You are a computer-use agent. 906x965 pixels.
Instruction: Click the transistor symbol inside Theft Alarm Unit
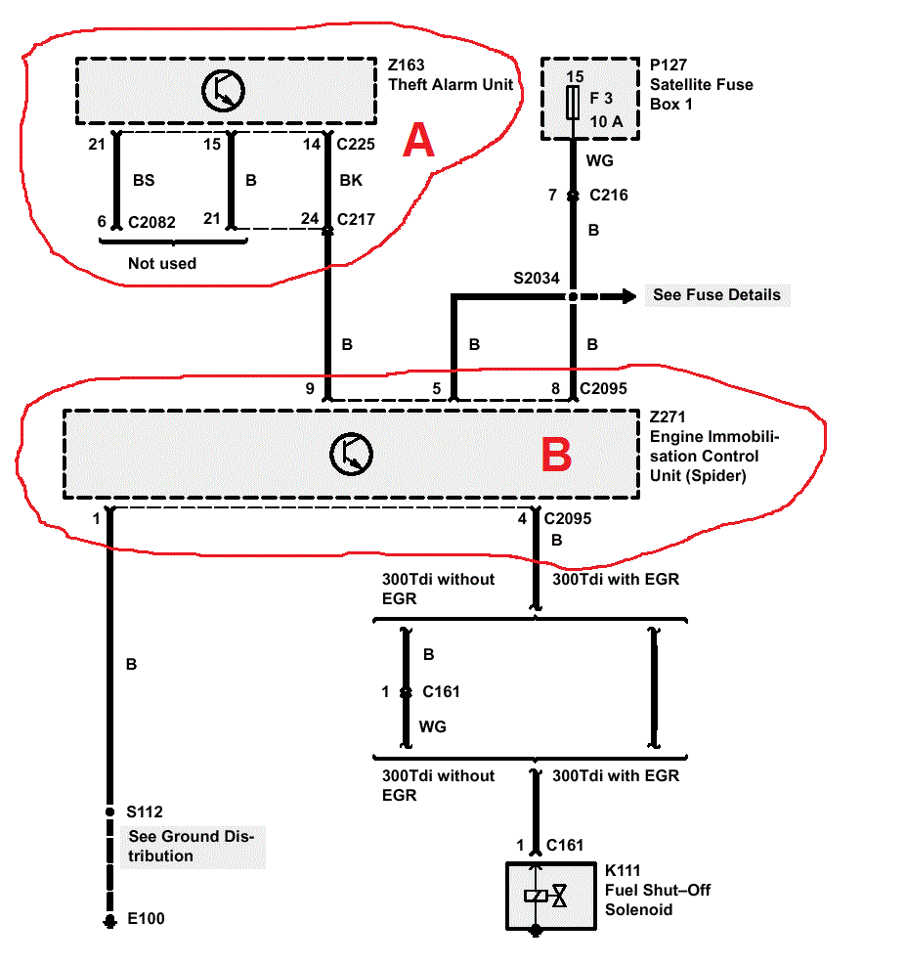(224, 91)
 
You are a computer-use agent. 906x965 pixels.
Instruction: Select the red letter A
(419, 143)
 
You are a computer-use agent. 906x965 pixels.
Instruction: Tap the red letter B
(556, 455)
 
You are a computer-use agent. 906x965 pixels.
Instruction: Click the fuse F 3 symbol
(574, 101)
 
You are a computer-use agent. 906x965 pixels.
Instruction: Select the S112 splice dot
(110, 811)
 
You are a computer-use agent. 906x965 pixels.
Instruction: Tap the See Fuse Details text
(716, 294)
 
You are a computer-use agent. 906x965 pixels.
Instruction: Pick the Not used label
(162, 263)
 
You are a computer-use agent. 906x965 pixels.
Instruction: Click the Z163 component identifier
(407, 66)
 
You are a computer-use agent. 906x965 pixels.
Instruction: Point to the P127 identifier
(669, 66)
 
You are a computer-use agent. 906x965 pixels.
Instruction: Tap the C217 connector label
(357, 219)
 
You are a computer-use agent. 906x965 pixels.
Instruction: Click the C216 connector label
(609, 196)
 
